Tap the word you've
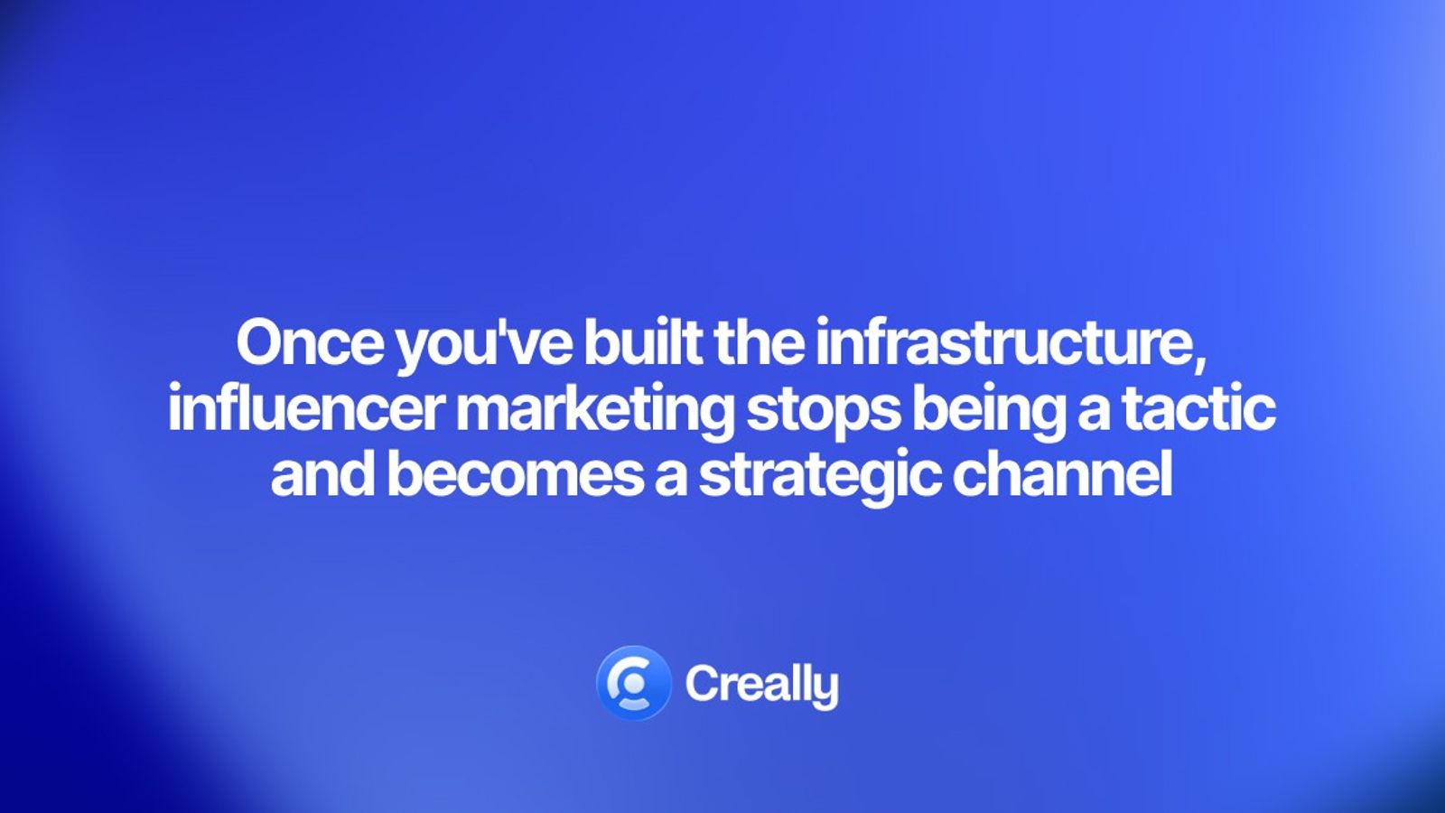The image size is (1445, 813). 483,344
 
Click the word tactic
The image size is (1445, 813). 1198,408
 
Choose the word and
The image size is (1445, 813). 322,475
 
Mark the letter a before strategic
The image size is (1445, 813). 670,478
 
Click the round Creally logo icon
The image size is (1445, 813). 633,683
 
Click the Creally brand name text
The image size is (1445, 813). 761,685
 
